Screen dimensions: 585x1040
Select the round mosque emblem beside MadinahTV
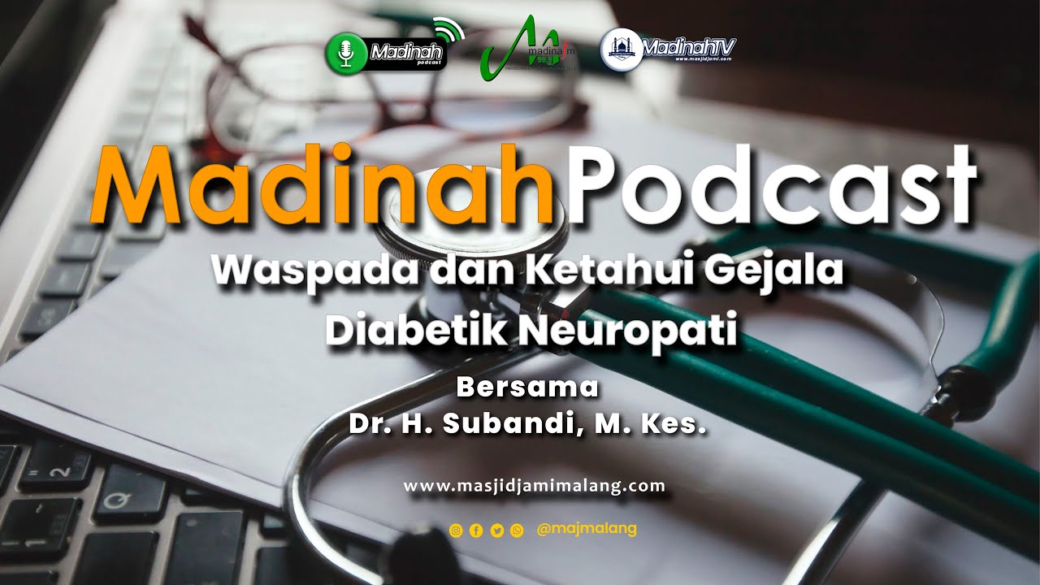[x=621, y=49]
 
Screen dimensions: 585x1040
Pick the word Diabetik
[x=414, y=331]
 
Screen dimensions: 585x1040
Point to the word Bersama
[x=527, y=388]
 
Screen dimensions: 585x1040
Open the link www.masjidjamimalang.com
[x=534, y=487]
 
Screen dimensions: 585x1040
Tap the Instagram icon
[x=456, y=531]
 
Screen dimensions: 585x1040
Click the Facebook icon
[x=476, y=531]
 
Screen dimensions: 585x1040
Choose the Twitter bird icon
[x=496, y=531]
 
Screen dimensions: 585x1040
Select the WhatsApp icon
[x=517, y=531]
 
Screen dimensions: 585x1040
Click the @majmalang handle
[x=587, y=529]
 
